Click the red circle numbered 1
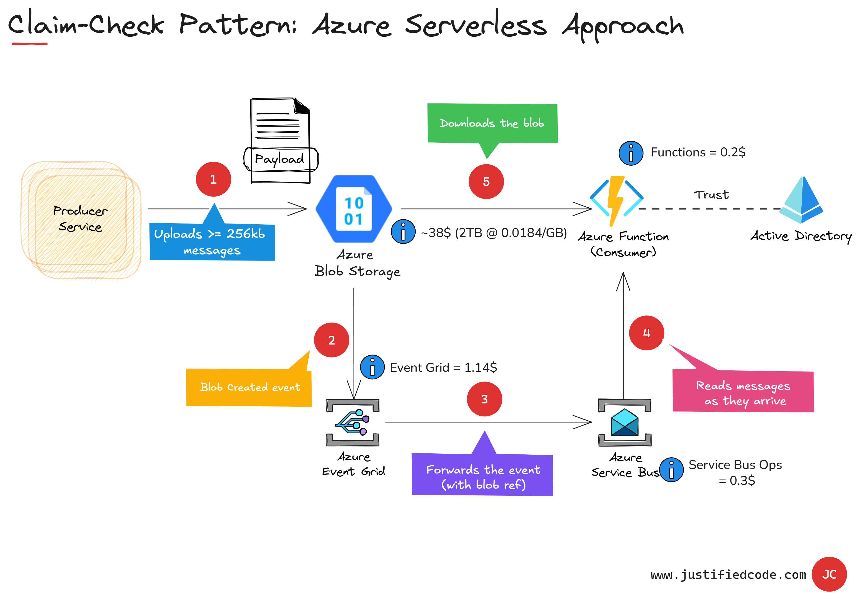213,179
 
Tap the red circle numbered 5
486,182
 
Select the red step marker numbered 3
484,399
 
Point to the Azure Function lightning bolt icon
616,201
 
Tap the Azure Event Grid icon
353,423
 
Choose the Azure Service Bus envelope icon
624,423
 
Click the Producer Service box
81,219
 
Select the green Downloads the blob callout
492,123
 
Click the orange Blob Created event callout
249,387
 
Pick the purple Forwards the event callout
482,475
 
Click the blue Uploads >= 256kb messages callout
212,242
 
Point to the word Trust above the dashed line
711,195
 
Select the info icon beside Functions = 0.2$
631,153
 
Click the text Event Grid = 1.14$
443,367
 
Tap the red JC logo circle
829,574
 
